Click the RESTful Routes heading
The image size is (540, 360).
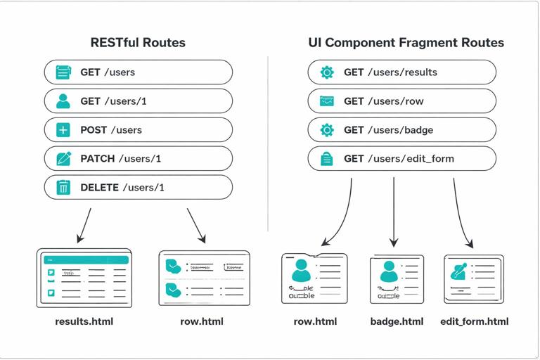(x=138, y=42)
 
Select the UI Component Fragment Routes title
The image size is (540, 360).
(x=406, y=42)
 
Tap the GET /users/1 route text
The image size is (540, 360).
(x=113, y=101)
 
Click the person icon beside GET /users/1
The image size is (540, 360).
(x=63, y=101)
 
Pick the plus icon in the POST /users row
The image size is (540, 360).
(x=63, y=130)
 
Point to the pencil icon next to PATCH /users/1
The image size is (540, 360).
(x=63, y=159)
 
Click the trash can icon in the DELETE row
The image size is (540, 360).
(x=63, y=188)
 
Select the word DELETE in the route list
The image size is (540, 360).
(x=99, y=188)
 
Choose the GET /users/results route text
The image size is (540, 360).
(x=390, y=72)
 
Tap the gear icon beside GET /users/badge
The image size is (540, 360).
(x=327, y=130)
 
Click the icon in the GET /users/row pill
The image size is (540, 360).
(x=327, y=101)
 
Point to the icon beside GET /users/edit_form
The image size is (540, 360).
(x=327, y=159)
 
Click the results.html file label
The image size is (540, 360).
(x=84, y=321)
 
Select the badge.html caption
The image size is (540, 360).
(x=397, y=321)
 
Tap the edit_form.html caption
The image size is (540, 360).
(x=474, y=321)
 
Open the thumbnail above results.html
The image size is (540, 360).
(x=84, y=278)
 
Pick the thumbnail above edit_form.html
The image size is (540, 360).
(x=473, y=278)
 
